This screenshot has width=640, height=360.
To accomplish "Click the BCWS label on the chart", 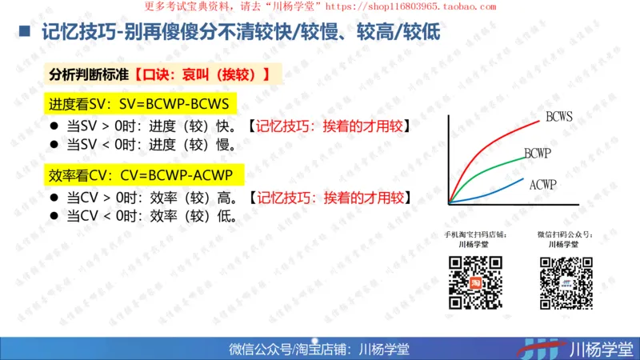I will (558, 117).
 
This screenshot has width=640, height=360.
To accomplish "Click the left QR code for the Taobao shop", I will (474, 282).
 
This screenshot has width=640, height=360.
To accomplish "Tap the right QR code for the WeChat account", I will (566, 282).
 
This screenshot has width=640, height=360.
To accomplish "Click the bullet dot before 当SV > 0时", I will (55, 126).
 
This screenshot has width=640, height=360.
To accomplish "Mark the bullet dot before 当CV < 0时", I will (55, 216).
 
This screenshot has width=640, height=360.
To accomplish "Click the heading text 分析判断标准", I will (88, 75).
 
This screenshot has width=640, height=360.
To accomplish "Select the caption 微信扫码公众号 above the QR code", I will (566, 235).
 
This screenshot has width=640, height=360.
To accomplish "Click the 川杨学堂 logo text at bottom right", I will (600, 349).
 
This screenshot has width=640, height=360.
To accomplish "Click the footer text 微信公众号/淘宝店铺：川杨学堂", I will (319, 349).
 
